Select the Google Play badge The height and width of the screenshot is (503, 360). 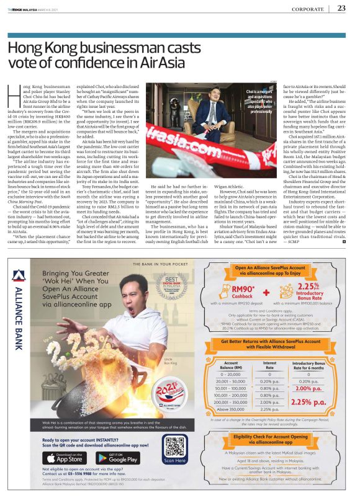(107, 458)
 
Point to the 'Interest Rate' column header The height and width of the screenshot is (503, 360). (270, 365)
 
